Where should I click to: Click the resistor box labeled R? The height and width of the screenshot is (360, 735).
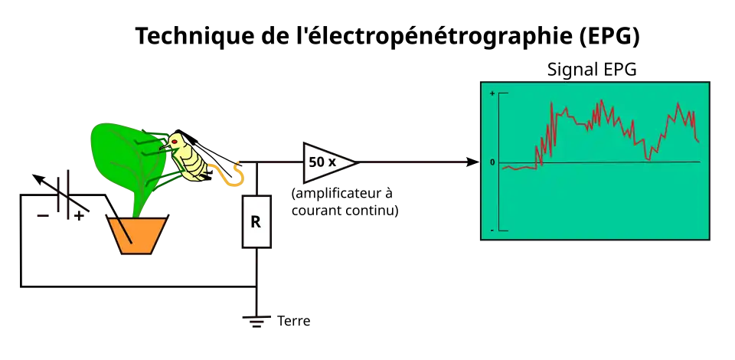(256, 221)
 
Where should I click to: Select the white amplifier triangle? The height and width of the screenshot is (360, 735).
(325, 162)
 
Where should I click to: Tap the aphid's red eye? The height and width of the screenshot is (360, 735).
(175, 142)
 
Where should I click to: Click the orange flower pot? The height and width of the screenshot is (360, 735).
(137, 234)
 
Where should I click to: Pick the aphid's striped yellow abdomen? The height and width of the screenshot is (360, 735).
(192, 163)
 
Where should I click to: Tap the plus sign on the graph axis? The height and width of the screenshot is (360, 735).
(492, 93)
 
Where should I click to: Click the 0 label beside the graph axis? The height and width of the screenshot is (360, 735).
(492, 162)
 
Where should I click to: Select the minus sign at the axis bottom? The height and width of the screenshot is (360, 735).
(492, 231)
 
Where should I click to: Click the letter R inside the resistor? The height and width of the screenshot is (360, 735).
(256, 222)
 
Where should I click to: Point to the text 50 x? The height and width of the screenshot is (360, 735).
(322, 162)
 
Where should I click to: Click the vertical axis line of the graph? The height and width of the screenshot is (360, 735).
(499, 191)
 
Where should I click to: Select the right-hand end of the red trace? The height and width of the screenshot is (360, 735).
(698, 141)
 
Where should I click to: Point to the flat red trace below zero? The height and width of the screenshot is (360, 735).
(521, 168)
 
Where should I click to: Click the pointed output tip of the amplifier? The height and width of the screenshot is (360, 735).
(354, 162)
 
